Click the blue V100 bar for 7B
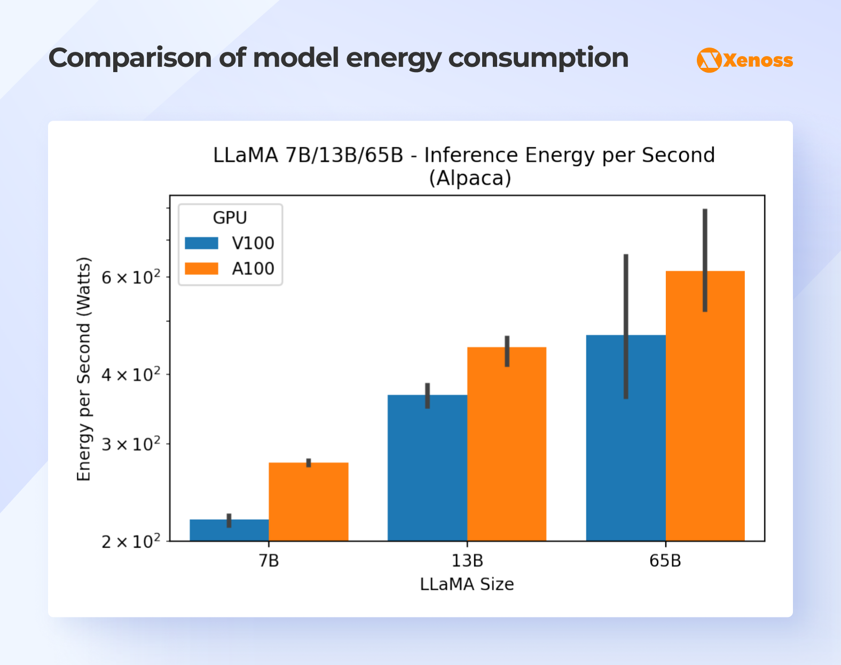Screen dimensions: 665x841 [x=229, y=530]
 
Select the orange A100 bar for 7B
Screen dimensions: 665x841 [x=308, y=502]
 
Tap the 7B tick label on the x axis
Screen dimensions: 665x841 [x=269, y=561]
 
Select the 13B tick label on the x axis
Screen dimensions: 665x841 [x=467, y=561]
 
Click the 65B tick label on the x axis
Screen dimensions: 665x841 [x=665, y=561]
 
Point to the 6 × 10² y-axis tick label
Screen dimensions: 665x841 [x=131, y=278]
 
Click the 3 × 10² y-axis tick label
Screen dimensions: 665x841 [x=131, y=444]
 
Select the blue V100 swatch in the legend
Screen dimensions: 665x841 [x=201, y=243]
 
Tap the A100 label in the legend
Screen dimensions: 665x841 [x=253, y=269]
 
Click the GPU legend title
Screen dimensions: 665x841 [x=230, y=218]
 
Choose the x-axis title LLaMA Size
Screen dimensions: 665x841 [x=467, y=584]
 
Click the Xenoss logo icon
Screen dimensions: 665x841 [x=709, y=60]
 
